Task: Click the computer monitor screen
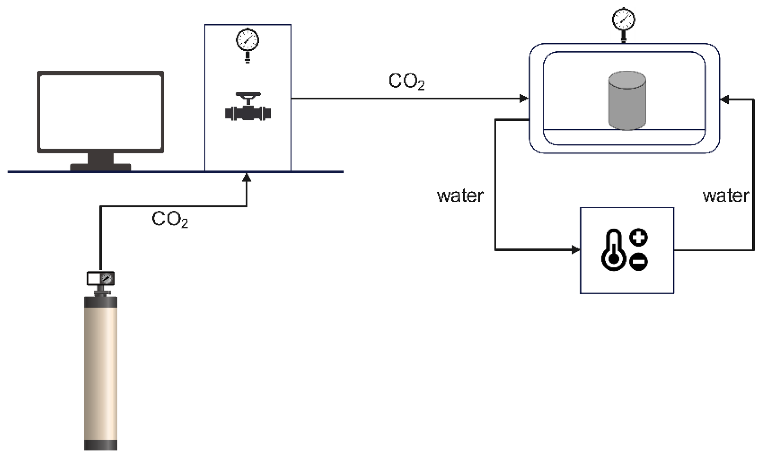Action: tap(101, 112)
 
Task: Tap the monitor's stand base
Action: tap(101, 167)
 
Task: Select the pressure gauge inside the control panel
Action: tap(247, 45)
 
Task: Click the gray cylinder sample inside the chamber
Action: tap(627, 101)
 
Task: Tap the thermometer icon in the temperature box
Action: tap(614, 249)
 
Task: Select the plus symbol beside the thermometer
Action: tap(639, 237)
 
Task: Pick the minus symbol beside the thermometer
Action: tap(639, 261)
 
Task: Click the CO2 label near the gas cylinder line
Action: tap(170, 219)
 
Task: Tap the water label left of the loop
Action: tap(460, 196)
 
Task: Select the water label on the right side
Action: tap(726, 196)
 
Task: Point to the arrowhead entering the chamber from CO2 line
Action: tap(524, 98)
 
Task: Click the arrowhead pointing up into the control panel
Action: tap(247, 177)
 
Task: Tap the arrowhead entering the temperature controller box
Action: tap(576, 249)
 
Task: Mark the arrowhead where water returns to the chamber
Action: tap(725, 99)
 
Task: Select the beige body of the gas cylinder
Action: tap(101, 374)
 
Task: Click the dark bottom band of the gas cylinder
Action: tap(101, 445)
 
